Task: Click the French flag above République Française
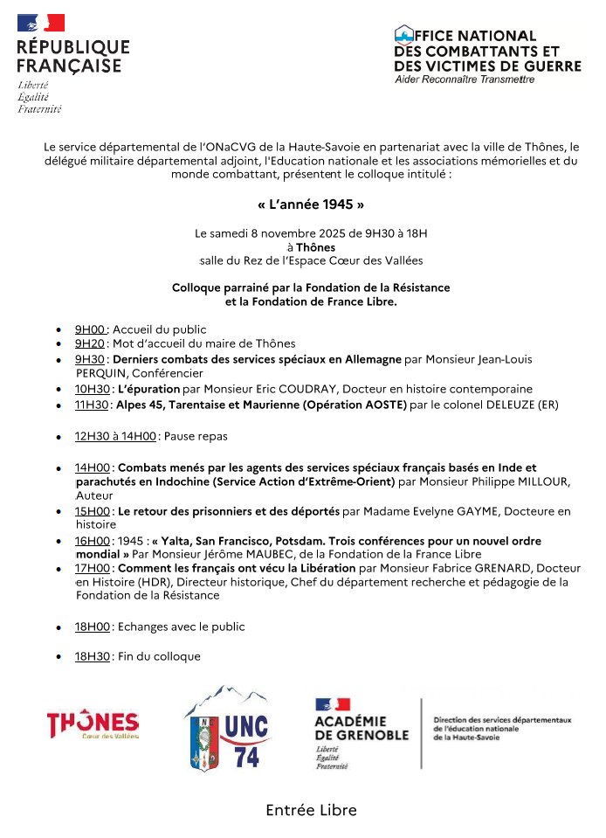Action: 41,24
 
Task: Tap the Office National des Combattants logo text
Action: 486,51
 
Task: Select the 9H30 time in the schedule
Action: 90,359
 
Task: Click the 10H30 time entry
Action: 92,389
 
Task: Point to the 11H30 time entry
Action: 92,405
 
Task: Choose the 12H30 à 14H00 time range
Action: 115,436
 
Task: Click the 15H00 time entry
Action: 93,511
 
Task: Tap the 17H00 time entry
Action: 93,568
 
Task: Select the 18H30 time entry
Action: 93,656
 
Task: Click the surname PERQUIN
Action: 101,373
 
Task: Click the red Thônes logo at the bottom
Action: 93,724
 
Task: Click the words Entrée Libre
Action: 311,810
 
